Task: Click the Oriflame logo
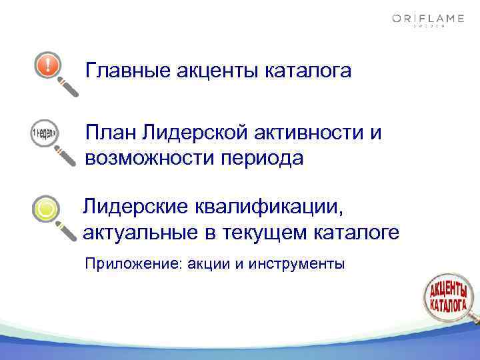tap(428, 21)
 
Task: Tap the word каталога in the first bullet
tap(309, 69)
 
